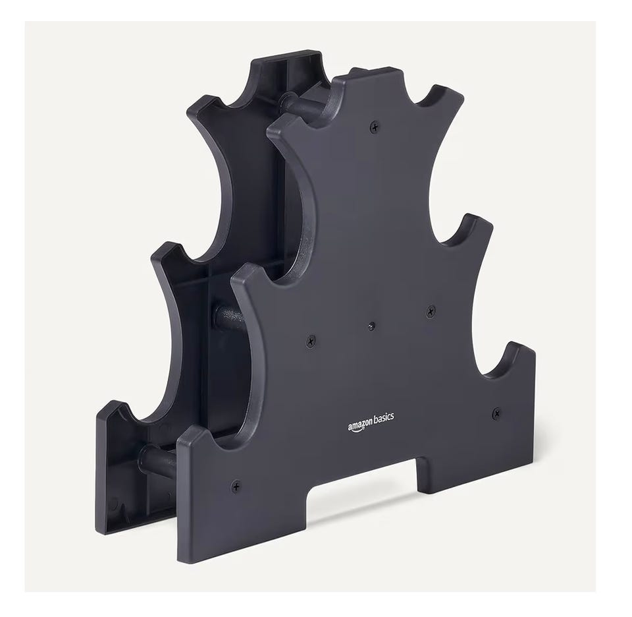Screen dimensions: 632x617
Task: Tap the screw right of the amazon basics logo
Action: coord(497,413)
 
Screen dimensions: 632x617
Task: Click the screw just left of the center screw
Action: coord(310,342)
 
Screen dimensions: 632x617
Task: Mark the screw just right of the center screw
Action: coord(431,311)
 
